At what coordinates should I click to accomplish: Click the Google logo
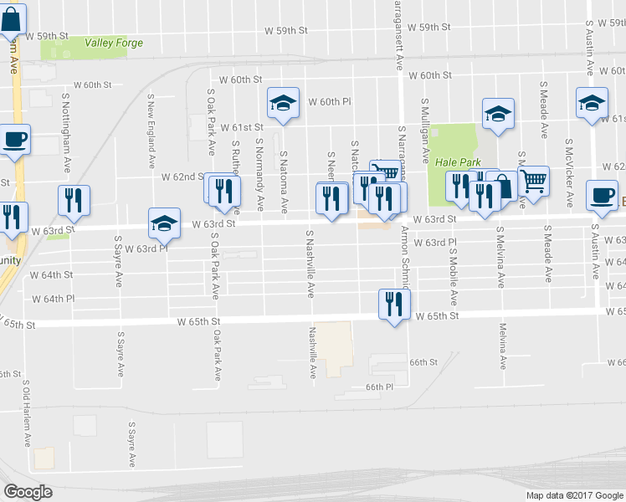(28, 491)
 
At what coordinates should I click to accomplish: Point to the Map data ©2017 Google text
(574, 495)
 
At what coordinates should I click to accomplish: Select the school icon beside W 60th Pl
(283, 104)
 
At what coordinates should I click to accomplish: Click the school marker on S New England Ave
(164, 223)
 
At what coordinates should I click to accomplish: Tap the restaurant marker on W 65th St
(393, 305)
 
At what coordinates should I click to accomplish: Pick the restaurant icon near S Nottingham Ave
(74, 200)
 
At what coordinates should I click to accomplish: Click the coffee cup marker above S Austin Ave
(601, 196)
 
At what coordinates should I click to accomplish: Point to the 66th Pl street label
(378, 387)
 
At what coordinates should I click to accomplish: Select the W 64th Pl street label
(54, 298)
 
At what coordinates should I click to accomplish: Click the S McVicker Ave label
(569, 173)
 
